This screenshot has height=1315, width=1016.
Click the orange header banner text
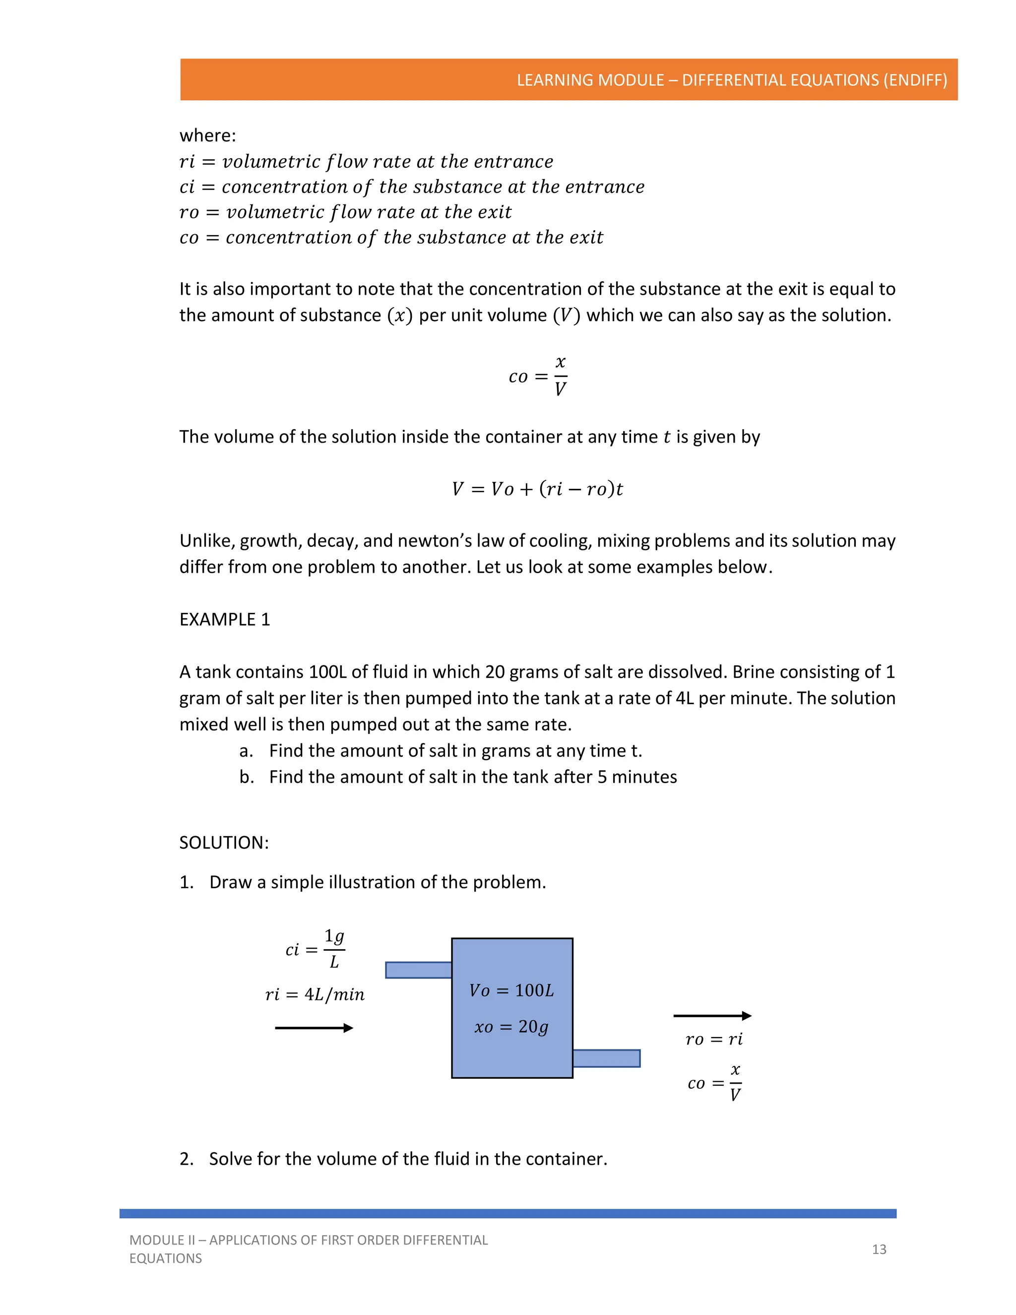coord(731,80)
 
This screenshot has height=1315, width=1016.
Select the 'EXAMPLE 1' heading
coord(225,620)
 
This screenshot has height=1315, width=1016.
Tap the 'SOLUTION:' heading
coord(224,843)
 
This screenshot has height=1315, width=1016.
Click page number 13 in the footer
coord(879,1249)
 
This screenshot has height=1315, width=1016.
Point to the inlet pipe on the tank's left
coord(418,970)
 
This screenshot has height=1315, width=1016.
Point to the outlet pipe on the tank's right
coord(606,1058)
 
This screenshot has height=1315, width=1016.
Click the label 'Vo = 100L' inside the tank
coord(511,990)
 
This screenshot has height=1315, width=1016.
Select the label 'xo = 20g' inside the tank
coord(511,1027)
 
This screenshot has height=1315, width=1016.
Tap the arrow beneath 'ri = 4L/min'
coord(314,1028)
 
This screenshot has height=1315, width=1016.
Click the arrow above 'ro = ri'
coord(712,1016)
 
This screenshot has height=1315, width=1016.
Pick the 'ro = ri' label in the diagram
coord(714,1039)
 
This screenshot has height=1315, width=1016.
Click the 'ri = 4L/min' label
coord(315,994)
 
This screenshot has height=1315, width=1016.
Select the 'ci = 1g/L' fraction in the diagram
coord(316,949)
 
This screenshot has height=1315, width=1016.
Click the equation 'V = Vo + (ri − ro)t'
coord(537,488)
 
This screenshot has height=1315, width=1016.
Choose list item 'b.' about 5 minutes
coord(457,777)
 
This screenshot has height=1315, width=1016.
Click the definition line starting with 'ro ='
coord(345,212)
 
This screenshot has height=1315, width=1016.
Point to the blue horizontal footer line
coord(508,1213)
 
